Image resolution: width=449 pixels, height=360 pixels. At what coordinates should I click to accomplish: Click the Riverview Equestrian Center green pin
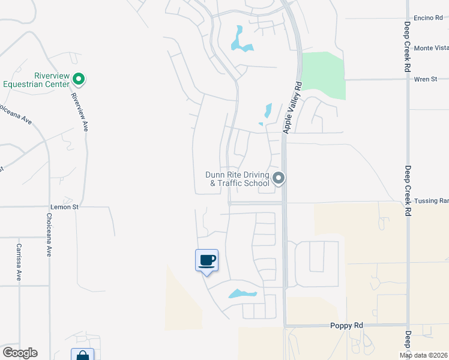[x=79, y=79]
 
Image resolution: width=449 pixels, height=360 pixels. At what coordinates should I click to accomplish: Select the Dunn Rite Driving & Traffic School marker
[x=278, y=178]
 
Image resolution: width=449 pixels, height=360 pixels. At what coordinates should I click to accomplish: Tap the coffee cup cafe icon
[x=206, y=260]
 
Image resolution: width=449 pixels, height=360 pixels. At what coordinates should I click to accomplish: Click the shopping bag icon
[x=82, y=355]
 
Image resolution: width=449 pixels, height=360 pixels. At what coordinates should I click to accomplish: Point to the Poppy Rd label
[x=347, y=325]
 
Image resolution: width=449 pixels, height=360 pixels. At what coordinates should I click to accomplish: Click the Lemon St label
[x=64, y=206]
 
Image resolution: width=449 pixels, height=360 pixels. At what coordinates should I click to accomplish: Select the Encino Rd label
[x=428, y=18]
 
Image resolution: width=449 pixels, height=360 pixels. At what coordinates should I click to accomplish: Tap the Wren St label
[x=426, y=79]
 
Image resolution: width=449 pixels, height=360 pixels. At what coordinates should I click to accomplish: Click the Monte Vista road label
[x=431, y=48]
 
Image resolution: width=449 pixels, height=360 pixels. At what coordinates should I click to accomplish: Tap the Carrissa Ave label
[x=19, y=263]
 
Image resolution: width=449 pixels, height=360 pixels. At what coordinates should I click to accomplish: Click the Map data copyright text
[x=423, y=355]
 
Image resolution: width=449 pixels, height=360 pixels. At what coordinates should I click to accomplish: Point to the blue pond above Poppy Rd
[x=242, y=294]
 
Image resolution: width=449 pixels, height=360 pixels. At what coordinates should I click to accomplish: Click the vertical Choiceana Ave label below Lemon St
[x=49, y=235]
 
